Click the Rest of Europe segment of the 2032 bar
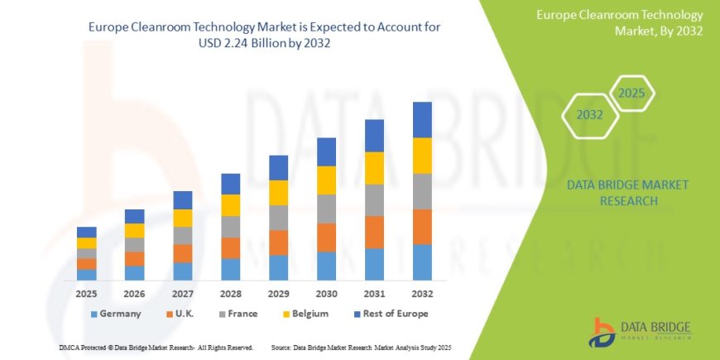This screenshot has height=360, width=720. click(422, 119)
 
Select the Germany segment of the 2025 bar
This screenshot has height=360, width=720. click(87, 274)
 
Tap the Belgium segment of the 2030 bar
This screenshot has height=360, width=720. click(326, 180)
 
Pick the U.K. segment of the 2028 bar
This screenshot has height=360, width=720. click(230, 247)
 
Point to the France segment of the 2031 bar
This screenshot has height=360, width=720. click(374, 199)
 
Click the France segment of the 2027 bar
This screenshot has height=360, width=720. click(183, 235)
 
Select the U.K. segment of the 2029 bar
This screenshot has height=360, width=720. click(278, 242)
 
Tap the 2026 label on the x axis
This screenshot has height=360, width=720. click(135, 293)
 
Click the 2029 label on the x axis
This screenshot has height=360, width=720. click(278, 293)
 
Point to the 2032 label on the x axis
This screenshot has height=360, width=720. click(422, 293)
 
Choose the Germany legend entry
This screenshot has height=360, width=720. click(115, 314)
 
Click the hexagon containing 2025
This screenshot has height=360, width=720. click(631, 93)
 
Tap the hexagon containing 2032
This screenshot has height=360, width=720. click(589, 115)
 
